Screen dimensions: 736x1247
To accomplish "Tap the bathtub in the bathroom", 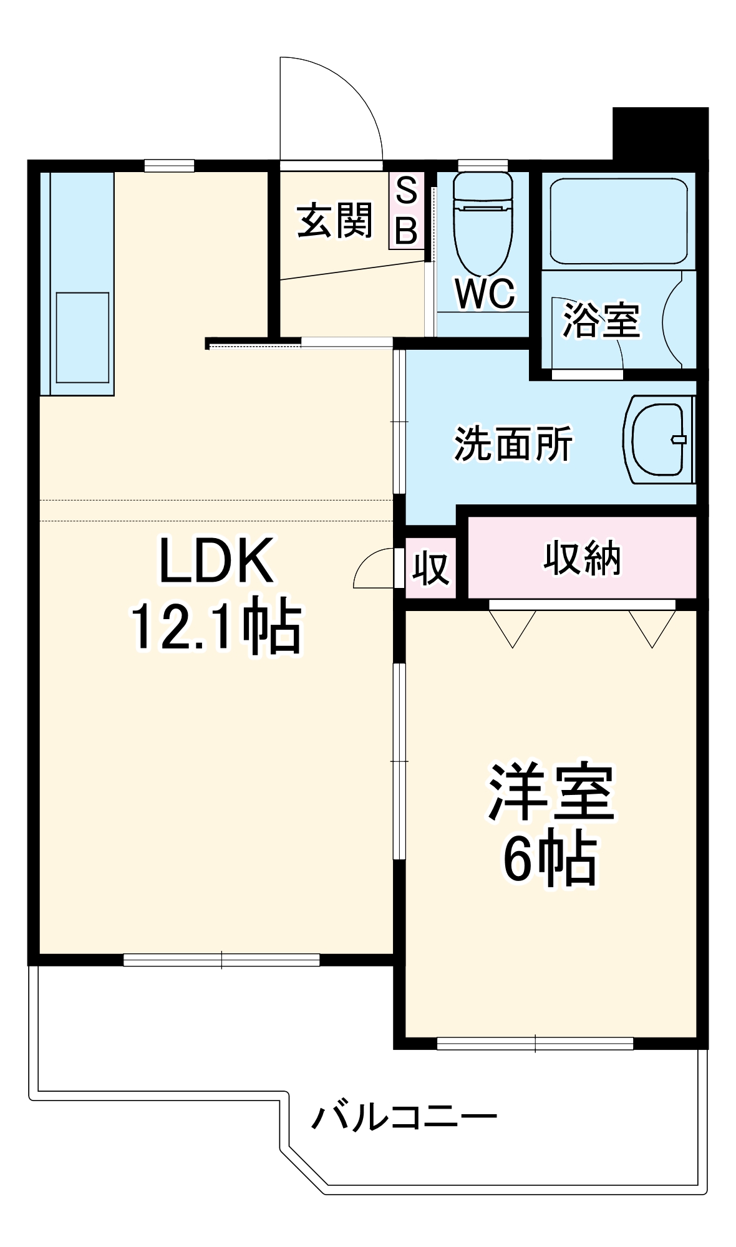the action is click(x=618, y=223).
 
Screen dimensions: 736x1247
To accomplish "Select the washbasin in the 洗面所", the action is click(x=659, y=439).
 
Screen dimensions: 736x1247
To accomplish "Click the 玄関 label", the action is click(x=334, y=221).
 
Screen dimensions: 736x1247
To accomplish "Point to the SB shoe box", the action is click(x=406, y=211).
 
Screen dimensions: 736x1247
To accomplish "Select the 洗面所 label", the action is click(x=513, y=444).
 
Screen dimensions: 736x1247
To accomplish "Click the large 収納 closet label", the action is click(x=582, y=558).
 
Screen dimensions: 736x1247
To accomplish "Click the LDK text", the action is click(x=216, y=561).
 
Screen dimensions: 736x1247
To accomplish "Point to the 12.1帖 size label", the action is click(x=216, y=626).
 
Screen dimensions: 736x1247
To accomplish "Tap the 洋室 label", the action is click(x=551, y=791).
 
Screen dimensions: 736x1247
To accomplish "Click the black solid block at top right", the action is click(x=661, y=134).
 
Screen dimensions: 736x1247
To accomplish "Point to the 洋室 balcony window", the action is click(x=535, y=1044).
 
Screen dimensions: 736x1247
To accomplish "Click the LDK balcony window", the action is click(x=221, y=960).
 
